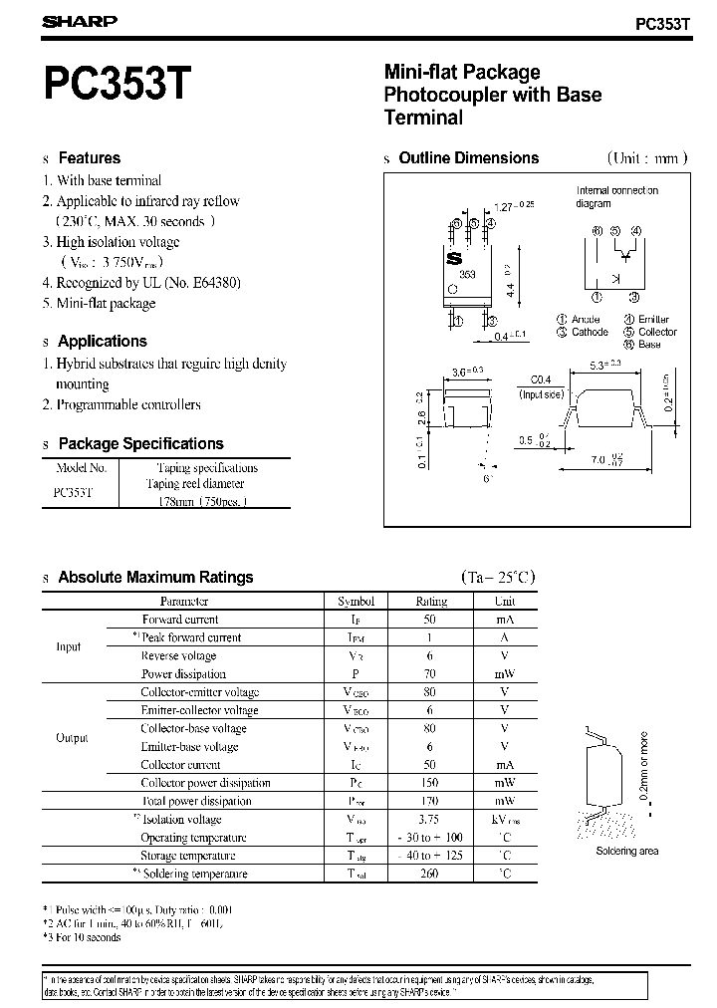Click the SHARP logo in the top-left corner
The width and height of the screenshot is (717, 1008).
click(x=79, y=20)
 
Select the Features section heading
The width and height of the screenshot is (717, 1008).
click(x=89, y=158)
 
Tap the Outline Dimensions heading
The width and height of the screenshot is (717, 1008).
click(x=468, y=158)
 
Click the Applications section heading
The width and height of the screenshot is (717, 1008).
click(x=102, y=341)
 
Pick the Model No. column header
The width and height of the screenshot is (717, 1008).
click(x=82, y=467)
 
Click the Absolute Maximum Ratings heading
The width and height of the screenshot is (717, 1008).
click(x=155, y=578)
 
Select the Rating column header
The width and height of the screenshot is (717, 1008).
click(x=431, y=602)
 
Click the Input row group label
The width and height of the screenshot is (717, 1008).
click(x=69, y=647)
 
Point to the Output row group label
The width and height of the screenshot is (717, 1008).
click(x=72, y=738)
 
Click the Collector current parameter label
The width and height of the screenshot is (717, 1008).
click(x=180, y=765)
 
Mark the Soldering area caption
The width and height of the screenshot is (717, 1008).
click(x=627, y=851)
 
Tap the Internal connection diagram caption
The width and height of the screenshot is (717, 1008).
click(x=617, y=196)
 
